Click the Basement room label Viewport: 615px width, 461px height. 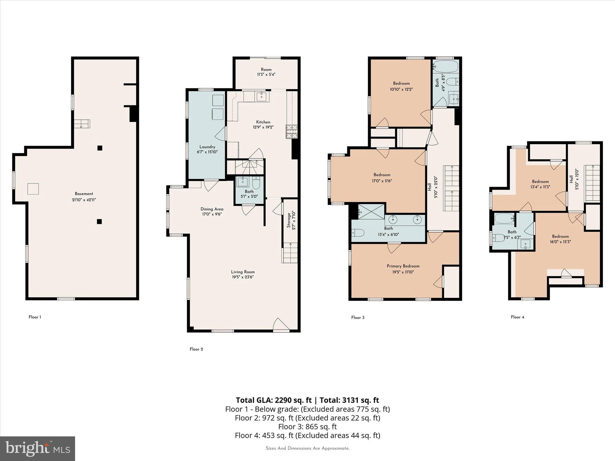(x=84, y=194)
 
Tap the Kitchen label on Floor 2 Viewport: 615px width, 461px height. (x=263, y=122)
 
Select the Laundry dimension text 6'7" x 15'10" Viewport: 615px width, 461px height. (x=207, y=152)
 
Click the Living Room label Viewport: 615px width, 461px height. (x=243, y=272)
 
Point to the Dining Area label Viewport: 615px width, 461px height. (x=212, y=209)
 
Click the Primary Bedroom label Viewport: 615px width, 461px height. (x=403, y=266)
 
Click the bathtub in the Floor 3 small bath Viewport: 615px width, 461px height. (x=446, y=65)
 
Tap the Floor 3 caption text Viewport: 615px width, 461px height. (x=358, y=318)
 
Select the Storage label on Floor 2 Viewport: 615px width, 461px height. (x=289, y=221)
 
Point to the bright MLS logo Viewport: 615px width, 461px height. (x=37, y=448)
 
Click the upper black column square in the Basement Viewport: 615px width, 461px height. (x=100, y=148)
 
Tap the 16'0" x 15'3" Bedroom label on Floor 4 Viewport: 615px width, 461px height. (x=560, y=237)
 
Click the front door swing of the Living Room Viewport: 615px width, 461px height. (x=281, y=325)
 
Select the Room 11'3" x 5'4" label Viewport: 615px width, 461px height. (x=266, y=70)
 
